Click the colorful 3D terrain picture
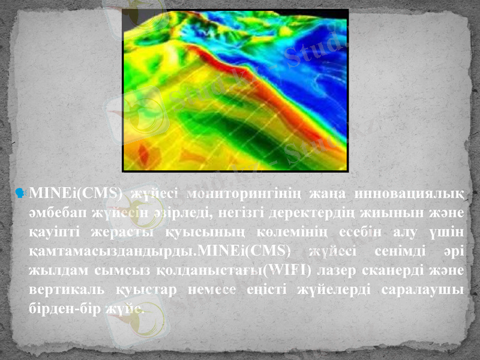point(235,90)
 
